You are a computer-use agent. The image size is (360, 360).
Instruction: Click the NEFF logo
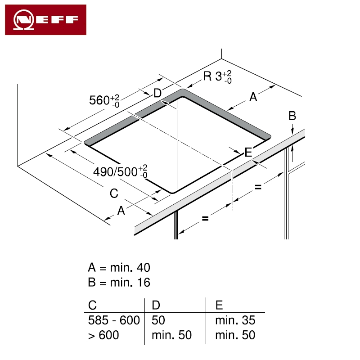(x=46, y=20)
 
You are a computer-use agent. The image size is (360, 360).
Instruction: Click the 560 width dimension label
(x=104, y=100)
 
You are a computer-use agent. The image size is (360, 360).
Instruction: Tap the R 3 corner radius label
(x=217, y=76)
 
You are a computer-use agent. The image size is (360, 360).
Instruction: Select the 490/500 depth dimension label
(x=120, y=171)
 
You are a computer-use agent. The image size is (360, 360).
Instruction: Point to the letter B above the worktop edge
(x=292, y=116)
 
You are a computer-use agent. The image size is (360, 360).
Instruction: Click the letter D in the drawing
(x=157, y=93)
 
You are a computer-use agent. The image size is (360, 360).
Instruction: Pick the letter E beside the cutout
(x=248, y=152)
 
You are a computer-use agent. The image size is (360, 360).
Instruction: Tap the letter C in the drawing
(x=114, y=193)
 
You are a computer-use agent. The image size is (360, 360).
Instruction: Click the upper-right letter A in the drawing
(x=253, y=97)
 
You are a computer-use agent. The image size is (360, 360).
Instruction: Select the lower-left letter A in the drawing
(x=121, y=211)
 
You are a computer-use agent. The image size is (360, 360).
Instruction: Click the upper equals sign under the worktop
(x=258, y=187)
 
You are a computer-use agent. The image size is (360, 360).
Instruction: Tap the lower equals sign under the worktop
(x=205, y=218)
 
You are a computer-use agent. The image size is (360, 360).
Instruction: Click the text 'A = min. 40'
(x=119, y=267)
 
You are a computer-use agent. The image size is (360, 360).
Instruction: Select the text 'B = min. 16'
(x=119, y=282)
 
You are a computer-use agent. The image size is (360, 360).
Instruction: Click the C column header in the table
(x=92, y=305)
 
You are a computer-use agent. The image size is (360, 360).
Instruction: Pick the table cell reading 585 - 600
(x=114, y=320)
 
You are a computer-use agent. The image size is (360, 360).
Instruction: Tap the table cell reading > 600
(x=103, y=335)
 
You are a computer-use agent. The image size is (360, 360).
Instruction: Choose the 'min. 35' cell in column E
(x=235, y=320)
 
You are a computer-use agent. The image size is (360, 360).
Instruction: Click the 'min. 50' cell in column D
(x=171, y=335)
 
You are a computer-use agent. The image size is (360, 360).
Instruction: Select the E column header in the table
(x=219, y=305)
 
